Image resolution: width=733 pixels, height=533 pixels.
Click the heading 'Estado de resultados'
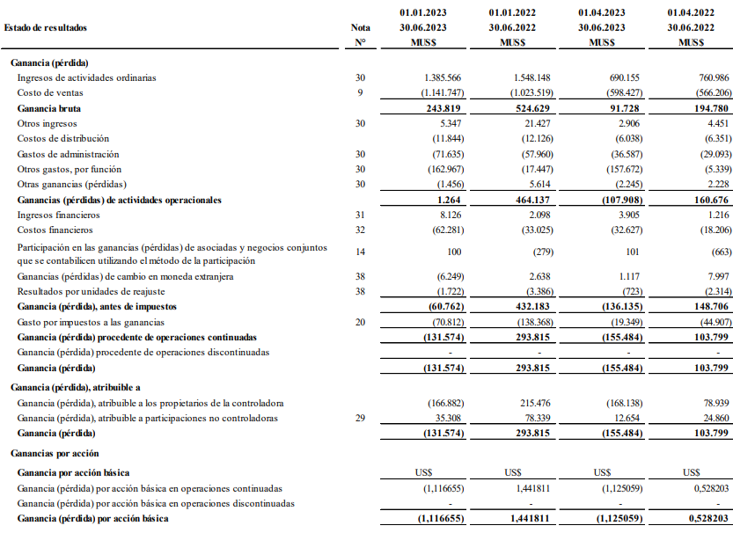click(x=46, y=27)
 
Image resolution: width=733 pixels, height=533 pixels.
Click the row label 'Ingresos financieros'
click(x=58, y=215)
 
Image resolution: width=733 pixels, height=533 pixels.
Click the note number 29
click(x=360, y=418)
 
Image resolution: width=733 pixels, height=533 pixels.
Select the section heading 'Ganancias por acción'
click(x=52, y=452)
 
